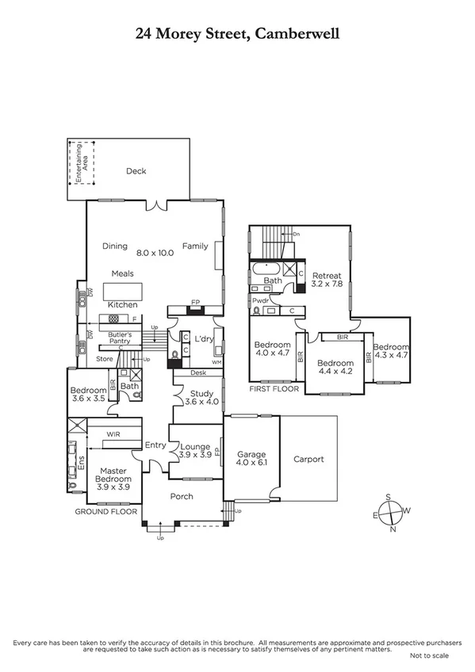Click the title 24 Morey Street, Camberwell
pyautogui.click(x=237, y=33)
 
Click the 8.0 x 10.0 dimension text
pyautogui.click(x=154, y=253)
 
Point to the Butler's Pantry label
pyautogui.click(x=113, y=337)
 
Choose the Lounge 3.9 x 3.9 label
pyautogui.click(x=194, y=452)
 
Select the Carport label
pyautogui.click(x=308, y=459)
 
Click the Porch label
pyautogui.click(x=182, y=496)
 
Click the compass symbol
pyautogui.click(x=389, y=514)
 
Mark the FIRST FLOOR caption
pyautogui.click(x=269, y=390)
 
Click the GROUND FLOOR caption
pyautogui.click(x=105, y=512)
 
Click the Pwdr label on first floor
pyautogui.click(x=259, y=301)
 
